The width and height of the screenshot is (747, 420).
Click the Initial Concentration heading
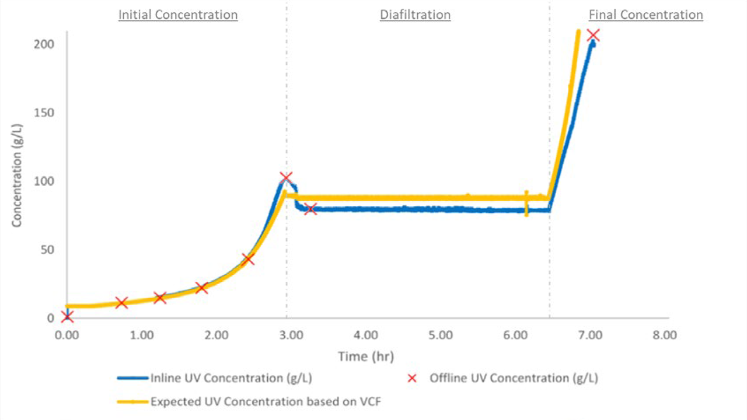pyautogui.click(x=178, y=15)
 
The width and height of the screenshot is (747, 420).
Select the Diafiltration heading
pyautogui.click(x=415, y=15)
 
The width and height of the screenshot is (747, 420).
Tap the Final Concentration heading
pyautogui.click(x=645, y=15)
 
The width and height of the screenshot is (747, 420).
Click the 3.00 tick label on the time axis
pyautogui.click(x=291, y=335)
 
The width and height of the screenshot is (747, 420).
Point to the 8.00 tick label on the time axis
pyautogui.click(x=665, y=335)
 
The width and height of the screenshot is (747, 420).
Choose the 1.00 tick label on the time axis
pyautogui.click(x=142, y=335)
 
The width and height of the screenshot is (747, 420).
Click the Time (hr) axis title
pyautogui.click(x=366, y=356)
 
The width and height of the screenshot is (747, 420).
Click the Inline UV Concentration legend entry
pyautogui.click(x=231, y=378)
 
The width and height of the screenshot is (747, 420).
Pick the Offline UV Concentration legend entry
pyautogui.click(x=514, y=378)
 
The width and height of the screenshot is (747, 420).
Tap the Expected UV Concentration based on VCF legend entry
pyautogui.click(x=266, y=401)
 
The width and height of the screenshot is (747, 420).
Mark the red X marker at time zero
pyautogui.click(x=67, y=317)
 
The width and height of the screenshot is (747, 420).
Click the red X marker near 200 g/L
pyautogui.click(x=594, y=35)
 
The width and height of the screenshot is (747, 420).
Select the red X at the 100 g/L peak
pyautogui.click(x=285, y=177)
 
